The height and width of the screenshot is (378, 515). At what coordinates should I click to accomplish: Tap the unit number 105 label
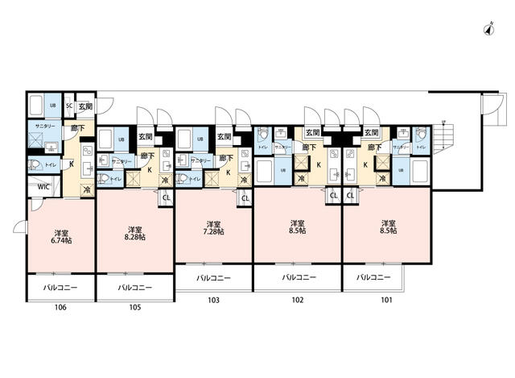point(134,307)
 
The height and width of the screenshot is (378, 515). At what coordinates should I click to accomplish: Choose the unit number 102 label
point(297,299)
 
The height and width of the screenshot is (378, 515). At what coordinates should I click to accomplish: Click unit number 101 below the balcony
point(386,299)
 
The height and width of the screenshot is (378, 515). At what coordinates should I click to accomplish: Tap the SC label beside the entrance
point(69,106)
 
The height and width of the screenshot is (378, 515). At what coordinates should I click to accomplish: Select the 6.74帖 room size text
point(60,240)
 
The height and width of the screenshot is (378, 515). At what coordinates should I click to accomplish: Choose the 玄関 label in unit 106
point(85,106)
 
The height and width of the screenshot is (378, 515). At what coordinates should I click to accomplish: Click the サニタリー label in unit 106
point(43,127)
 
